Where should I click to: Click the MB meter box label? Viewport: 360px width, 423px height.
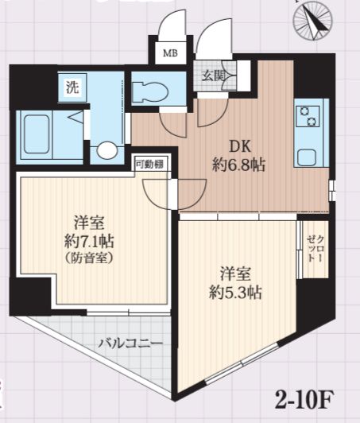click(170, 55)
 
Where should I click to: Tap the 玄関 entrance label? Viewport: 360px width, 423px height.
click(213, 76)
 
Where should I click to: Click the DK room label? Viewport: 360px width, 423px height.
click(242, 146)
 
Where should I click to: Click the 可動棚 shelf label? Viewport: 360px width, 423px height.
click(149, 164)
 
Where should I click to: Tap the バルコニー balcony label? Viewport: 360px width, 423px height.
click(130, 343)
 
